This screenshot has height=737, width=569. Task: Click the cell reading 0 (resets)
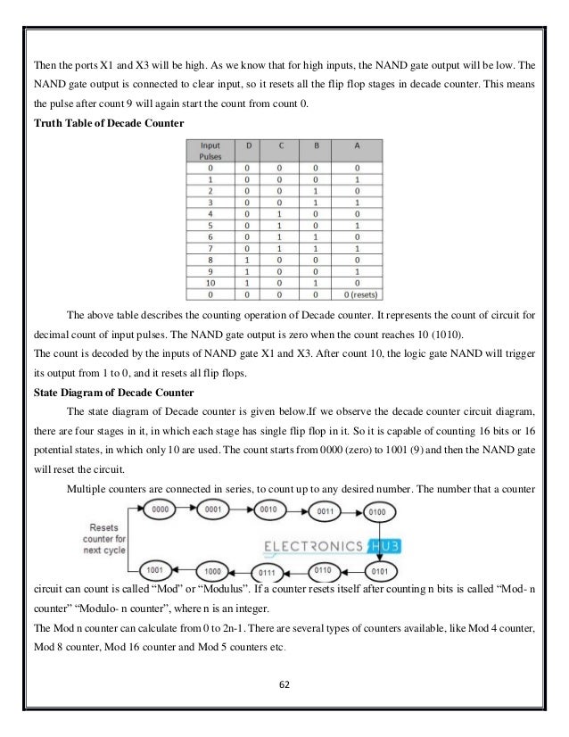tap(358, 295)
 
